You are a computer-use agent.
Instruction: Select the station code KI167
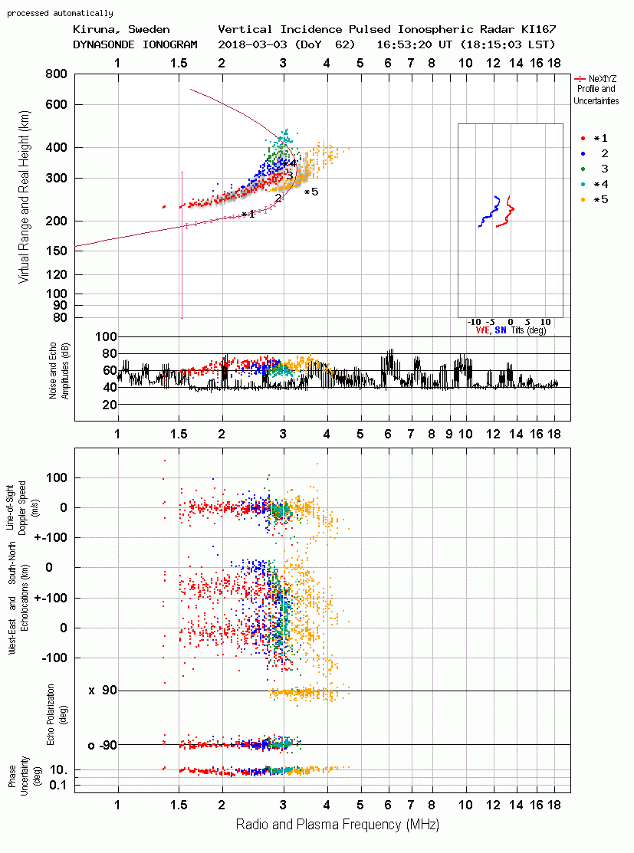[538, 29]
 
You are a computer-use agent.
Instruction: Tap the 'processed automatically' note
[60, 13]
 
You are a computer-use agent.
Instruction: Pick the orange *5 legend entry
[595, 200]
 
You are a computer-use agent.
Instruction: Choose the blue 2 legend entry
[595, 154]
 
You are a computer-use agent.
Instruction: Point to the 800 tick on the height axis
[56, 74]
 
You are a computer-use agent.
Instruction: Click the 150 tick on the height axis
[56, 251]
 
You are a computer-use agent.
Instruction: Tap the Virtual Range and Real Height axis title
[24, 197]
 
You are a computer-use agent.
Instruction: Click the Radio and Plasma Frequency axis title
[337, 825]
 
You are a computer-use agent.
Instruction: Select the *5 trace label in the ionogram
[311, 192]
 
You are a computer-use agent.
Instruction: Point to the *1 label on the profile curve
[248, 215]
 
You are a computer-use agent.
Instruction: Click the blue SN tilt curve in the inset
[490, 211]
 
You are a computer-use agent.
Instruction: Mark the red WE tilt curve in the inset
[506, 212]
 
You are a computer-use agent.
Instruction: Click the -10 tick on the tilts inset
[474, 322]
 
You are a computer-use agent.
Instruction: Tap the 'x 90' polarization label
[103, 691]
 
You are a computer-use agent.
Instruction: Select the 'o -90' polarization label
[103, 745]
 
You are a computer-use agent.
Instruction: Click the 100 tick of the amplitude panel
[106, 336]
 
